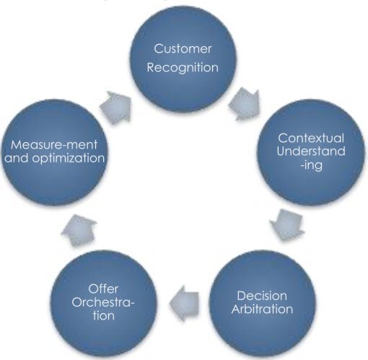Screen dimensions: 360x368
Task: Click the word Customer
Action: coord(184,49)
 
